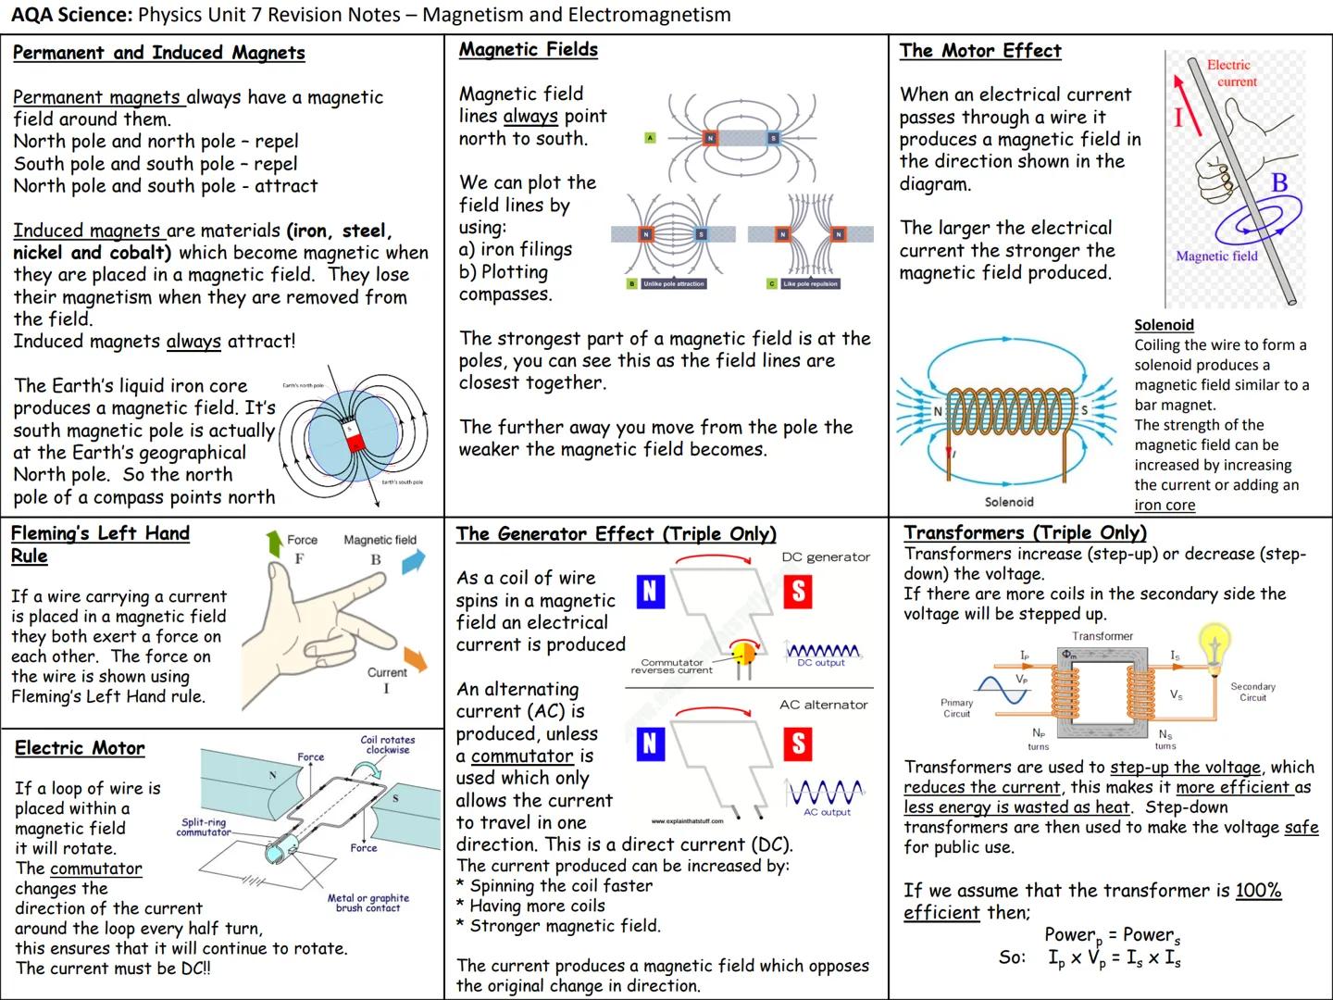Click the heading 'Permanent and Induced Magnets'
(158, 53)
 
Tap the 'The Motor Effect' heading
(979, 51)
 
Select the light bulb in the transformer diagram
(1215, 641)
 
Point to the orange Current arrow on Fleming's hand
(416, 659)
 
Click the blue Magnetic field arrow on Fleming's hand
(414, 560)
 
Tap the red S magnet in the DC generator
(797, 592)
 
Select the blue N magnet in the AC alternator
(650, 743)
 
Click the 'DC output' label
(821, 663)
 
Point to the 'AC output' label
(827, 812)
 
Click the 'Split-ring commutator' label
(204, 827)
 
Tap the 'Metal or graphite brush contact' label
(368, 903)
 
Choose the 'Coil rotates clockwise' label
(387, 744)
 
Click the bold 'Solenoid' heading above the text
(1164, 325)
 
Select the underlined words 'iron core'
(1165, 505)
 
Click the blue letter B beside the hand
(1279, 182)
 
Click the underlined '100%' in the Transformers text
(1258, 891)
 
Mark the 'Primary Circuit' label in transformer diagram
(956, 708)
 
